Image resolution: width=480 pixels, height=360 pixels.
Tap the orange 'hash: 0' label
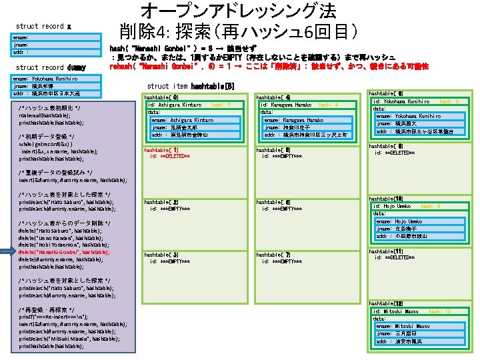(221, 105)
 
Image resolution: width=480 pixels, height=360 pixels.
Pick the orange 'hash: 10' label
(440, 312)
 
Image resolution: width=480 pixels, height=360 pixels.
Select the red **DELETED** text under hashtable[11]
(399, 257)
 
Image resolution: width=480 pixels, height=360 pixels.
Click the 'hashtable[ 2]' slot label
(161, 202)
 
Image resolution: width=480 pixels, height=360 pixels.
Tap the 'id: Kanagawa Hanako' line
(286, 105)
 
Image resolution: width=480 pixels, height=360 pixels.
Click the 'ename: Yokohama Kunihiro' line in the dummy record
(47, 79)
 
